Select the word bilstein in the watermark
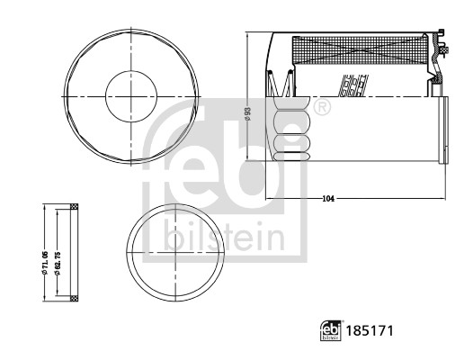[224, 239]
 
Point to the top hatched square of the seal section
[75, 211]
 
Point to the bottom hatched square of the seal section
[75, 297]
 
